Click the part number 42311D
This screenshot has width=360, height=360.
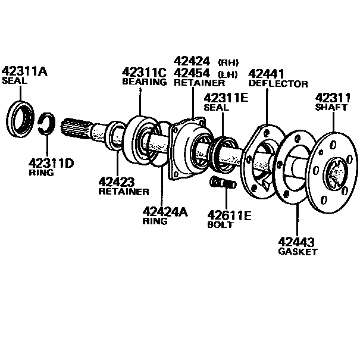pyautogui.click(x=52, y=162)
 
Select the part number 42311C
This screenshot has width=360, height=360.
pyautogui.click(x=144, y=72)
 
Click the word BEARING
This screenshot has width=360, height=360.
pyautogui.click(x=144, y=82)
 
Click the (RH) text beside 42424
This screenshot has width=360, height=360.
pyautogui.click(x=228, y=62)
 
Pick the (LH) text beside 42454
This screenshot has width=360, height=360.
pyautogui.click(x=228, y=74)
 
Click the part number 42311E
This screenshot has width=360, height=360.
pyautogui.click(x=226, y=98)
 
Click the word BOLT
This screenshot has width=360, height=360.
pyautogui.click(x=220, y=225)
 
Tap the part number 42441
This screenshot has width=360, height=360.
pyautogui.click(x=267, y=74)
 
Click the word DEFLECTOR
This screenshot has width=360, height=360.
pyautogui.click(x=278, y=84)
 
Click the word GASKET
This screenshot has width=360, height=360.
pyautogui.click(x=298, y=252)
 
